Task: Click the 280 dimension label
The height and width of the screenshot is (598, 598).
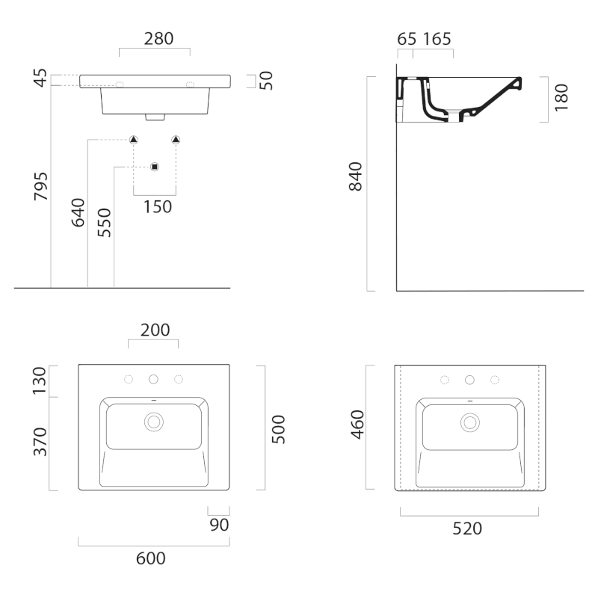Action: click(158, 39)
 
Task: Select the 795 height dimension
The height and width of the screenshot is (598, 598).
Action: click(41, 186)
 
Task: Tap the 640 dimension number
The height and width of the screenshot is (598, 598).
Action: click(78, 212)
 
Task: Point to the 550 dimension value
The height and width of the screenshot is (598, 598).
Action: click(104, 223)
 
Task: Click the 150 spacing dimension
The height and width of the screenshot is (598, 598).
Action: click(158, 207)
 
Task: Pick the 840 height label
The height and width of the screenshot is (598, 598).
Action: click(356, 176)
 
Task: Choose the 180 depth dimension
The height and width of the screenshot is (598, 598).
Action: click(561, 98)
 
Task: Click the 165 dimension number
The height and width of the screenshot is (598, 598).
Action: click(437, 39)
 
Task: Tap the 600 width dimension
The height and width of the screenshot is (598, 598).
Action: click(151, 558)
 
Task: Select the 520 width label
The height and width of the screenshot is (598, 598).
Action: click(467, 528)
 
